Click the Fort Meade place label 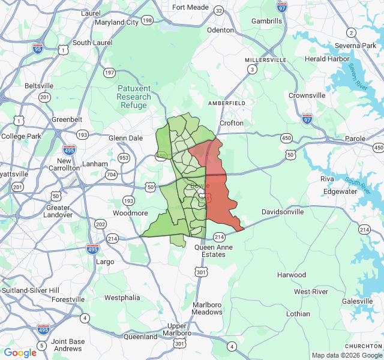point(191,7)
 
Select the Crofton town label point(232,123)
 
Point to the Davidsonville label point(284,212)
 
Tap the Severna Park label point(356,46)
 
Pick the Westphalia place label point(122,298)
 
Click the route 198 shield point(147,20)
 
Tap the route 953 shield point(124,158)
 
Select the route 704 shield point(111,175)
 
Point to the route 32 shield point(219,11)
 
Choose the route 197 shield point(109,73)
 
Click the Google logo point(20,353)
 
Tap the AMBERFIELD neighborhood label point(227,103)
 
